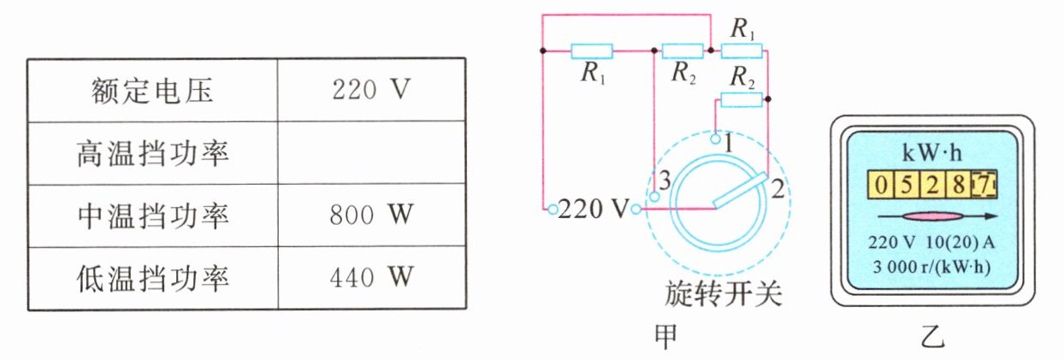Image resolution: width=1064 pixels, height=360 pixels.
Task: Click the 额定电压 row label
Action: point(151,90)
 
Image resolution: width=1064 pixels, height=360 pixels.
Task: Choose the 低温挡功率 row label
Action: point(151,277)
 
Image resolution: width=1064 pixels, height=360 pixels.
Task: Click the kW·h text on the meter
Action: point(931,154)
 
